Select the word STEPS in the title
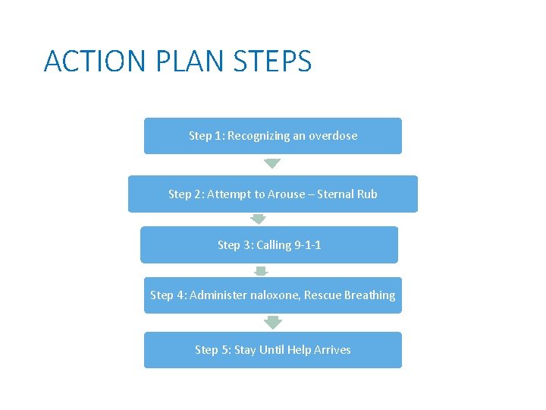[273, 61]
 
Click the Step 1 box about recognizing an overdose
[273, 136]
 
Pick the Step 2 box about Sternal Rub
[273, 194]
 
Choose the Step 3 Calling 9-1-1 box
[269, 244]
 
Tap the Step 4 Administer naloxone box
[273, 295]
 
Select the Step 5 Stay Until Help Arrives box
[273, 349]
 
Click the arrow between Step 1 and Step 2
[272, 163]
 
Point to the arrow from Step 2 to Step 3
[259, 219]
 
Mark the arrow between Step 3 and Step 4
[261, 270]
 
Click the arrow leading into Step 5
[273, 322]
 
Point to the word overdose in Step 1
[332, 136]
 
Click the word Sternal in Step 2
[334, 194]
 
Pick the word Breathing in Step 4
[369, 295]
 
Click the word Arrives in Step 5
[331, 349]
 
